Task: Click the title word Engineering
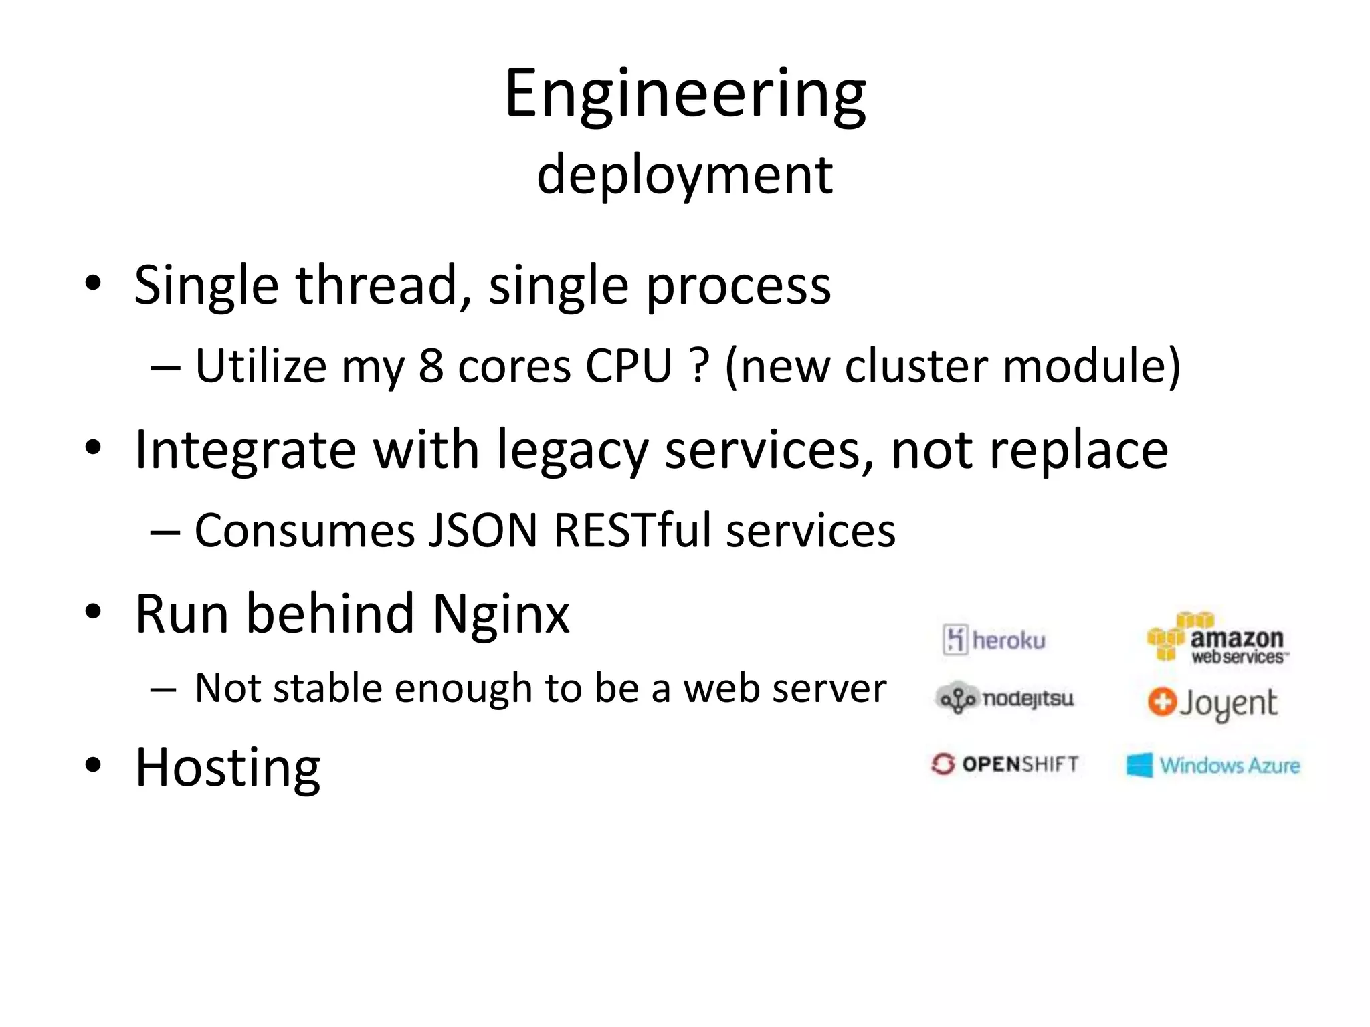click(685, 95)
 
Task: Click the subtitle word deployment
click(685, 175)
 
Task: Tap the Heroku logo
click(994, 640)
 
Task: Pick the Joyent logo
click(1212, 703)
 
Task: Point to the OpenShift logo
click(1005, 764)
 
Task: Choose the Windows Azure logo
click(1213, 765)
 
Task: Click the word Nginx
click(501, 614)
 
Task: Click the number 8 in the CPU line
click(431, 366)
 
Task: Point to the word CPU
click(628, 366)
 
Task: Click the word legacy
click(573, 450)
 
